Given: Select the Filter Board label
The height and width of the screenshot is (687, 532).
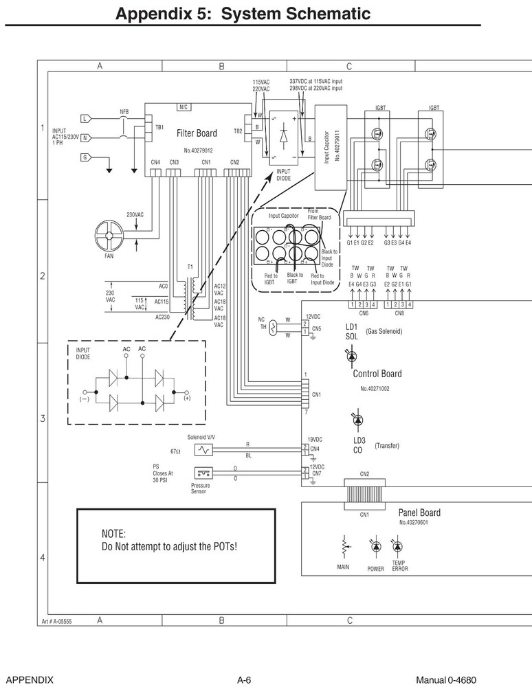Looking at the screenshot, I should (x=197, y=133).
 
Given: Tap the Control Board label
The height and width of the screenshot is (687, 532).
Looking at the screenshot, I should (x=377, y=374).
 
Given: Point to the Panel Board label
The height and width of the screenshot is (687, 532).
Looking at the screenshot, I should (x=419, y=513).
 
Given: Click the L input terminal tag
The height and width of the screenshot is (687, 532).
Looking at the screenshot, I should (x=85, y=119).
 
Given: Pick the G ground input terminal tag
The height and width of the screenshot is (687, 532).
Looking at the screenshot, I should (x=85, y=157).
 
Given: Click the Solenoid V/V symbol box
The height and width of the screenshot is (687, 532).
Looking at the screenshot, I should (x=204, y=449).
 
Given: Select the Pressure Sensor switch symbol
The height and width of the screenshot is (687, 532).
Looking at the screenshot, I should (x=203, y=473).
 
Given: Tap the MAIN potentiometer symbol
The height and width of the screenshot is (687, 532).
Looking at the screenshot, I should (x=344, y=548).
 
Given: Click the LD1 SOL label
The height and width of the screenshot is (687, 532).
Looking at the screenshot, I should (x=351, y=331).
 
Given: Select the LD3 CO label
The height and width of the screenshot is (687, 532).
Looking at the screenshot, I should (x=359, y=445).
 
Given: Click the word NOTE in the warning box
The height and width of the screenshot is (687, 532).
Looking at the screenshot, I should (x=113, y=534).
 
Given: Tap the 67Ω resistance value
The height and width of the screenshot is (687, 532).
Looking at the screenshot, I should (x=175, y=451).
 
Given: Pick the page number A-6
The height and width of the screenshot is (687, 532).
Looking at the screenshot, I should (x=244, y=679).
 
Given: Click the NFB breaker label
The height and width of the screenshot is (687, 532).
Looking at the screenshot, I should (x=124, y=111).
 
